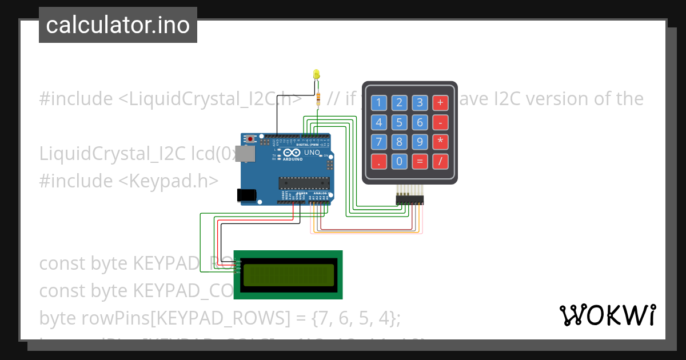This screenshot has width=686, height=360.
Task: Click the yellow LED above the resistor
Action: [x=316, y=74]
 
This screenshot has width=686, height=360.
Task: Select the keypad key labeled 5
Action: [x=399, y=122]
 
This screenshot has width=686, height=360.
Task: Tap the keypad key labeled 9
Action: [x=420, y=141]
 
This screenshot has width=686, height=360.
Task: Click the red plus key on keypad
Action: [x=440, y=103]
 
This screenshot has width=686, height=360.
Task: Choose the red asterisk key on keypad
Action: [x=440, y=141]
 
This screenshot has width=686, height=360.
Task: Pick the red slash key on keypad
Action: [x=440, y=161]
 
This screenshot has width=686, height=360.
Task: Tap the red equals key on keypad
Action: [x=420, y=161]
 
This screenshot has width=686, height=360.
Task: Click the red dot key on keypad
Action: [x=378, y=161]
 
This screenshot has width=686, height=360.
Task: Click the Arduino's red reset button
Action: [x=250, y=138]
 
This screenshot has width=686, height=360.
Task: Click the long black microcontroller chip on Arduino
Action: [x=304, y=183]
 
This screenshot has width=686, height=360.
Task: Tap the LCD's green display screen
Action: [x=288, y=275]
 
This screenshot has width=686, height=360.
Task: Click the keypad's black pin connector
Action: [x=410, y=199]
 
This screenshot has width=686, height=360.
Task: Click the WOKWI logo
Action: [x=607, y=315]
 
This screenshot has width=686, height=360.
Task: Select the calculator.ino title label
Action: [x=118, y=25]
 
